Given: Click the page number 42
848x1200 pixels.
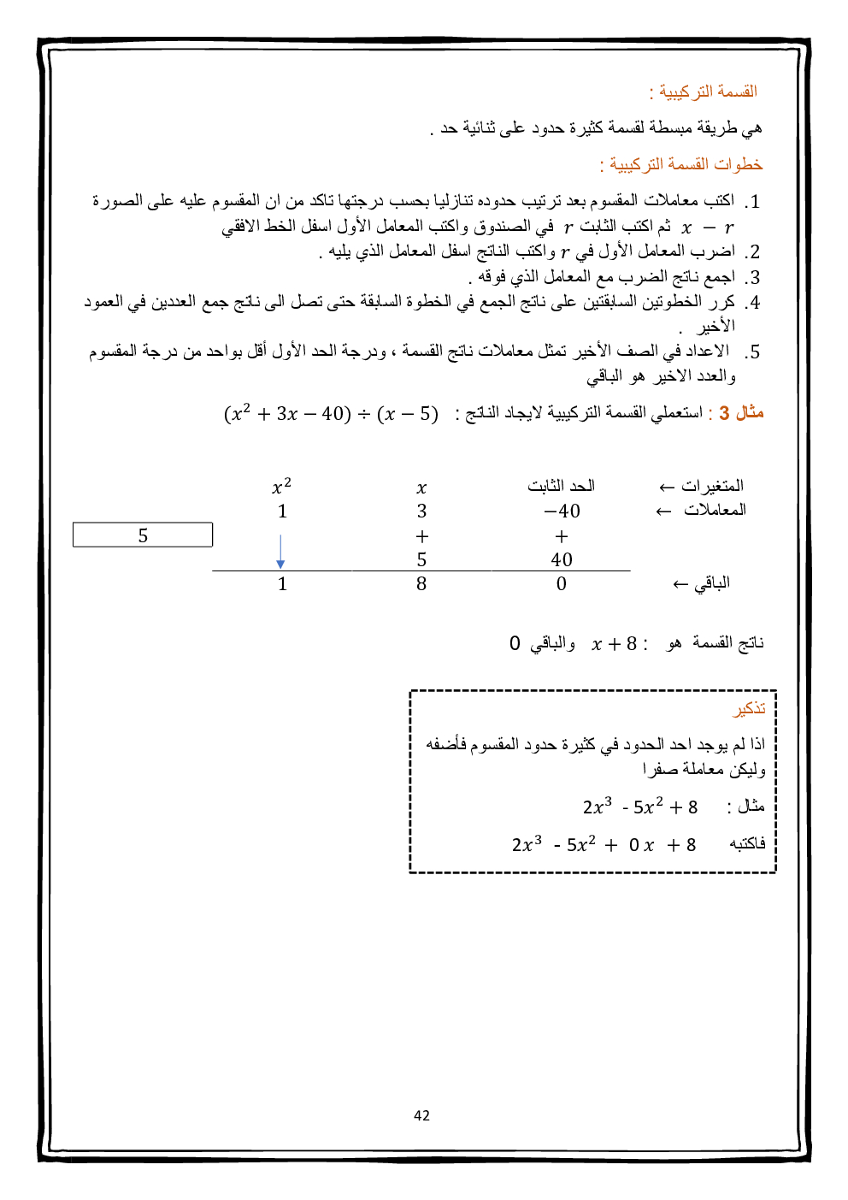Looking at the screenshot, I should point(421,1115).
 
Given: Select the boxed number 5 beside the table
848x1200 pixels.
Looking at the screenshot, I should point(143,535).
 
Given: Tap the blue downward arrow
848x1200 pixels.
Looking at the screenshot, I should point(280,553).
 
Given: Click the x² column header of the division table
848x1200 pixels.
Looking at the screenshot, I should point(281,487).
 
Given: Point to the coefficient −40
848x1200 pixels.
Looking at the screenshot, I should point(562,511).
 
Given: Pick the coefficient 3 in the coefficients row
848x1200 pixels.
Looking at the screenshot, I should point(421,511).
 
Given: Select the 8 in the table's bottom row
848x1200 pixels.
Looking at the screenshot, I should point(421,584).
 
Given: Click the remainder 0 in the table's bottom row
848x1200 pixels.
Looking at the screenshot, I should point(562,584).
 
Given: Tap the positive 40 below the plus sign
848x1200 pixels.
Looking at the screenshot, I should point(562,560).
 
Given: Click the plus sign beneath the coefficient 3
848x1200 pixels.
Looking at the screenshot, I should point(421,537).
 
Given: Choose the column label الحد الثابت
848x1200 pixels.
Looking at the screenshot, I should point(561,486).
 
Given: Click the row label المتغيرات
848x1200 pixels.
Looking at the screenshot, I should point(713,486).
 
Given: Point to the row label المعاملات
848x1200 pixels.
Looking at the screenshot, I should point(715,510).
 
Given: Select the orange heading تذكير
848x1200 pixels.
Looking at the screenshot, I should point(749,709).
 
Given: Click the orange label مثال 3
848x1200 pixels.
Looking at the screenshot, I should point(740,413).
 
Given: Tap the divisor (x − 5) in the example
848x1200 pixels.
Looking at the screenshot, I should point(408,414).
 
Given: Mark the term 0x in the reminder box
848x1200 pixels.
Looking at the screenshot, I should point(641,846).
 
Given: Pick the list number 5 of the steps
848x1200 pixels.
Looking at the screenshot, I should point(752,352).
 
